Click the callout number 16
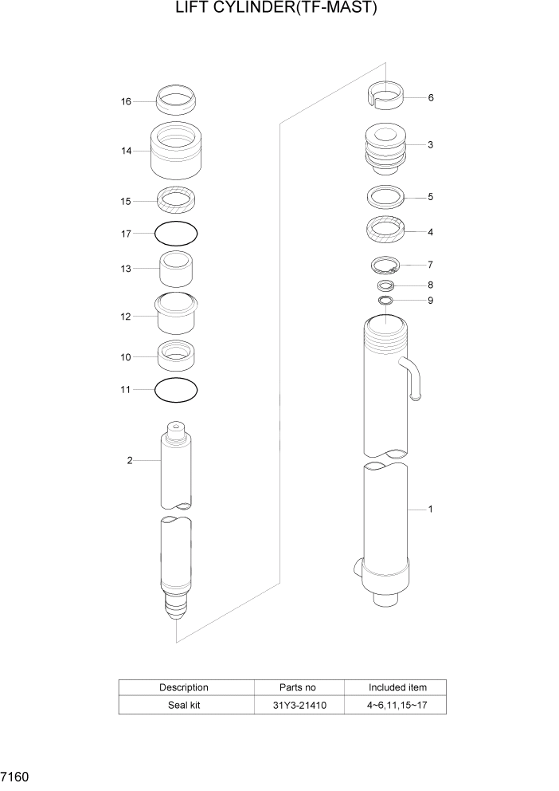pyautogui.click(x=126, y=101)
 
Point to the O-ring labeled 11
pyautogui.click(x=175, y=390)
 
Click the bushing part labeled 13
pyautogui.click(x=175, y=270)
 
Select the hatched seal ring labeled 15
pyautogui.click(x=175, y=199)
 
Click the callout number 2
pyautogui.click(x=130, y=460)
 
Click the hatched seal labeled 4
pyautogui.click(x=385, y=230)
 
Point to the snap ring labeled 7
pyautogui.click(x=385, y=265)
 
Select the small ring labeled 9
pyautogui.click(x=385, y=301)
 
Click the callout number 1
pyautogui.click(x=431, y=508)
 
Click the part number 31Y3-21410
pyautogui.click(x=299, y=706)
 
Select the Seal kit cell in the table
pyautogui.click(x=185, y=706)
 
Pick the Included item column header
pyautogui.click(x=397, y=687)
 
